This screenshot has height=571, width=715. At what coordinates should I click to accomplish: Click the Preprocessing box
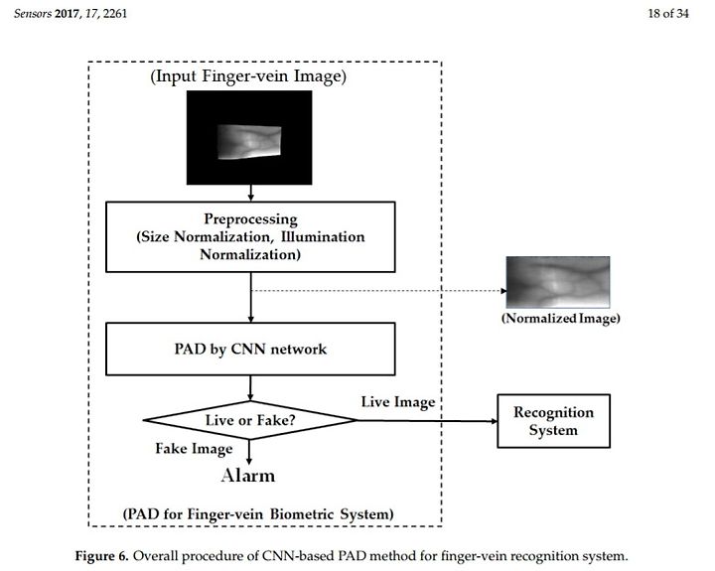pyautogui.click(x=250, y=236)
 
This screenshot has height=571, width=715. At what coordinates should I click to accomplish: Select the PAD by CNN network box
pyautogui.click(x=250, y=349)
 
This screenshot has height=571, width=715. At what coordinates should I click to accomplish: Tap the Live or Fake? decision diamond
pyautogui.click(x=250, y=420)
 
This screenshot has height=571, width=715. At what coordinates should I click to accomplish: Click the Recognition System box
pyautogui.click(x=553, y=421)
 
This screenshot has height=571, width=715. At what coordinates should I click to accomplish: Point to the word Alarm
pyautogui.click(x=248, y=476)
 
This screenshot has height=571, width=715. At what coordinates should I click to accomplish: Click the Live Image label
pyautogui.click(x=398, y=402)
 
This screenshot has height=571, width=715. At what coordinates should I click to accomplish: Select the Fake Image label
pyautogui.click(x=194, y=449)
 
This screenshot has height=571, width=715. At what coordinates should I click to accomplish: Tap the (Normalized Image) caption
pyautogui.click(x=560, y=318)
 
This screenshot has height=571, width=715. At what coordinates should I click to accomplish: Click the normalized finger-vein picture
pyautogui.click(x=558, y=282)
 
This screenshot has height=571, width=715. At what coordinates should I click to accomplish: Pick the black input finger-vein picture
pyautogui.click(x=249, y=137)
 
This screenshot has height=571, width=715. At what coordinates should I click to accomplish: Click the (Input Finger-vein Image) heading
pyautogui.click(x=248, y=76)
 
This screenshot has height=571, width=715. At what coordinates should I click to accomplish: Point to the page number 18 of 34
pyautogui.click(x=668, y=13)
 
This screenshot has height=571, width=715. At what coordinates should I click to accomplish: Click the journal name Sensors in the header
pyautogui.click(x=33, y=13)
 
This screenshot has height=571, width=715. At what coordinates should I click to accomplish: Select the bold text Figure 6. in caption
pyautogui.click(x=102, y=556)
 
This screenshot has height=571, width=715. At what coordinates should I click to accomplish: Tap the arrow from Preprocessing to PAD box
pyautogui.click(x=251, y=297)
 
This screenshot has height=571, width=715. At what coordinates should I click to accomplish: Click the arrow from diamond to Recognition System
pyautogui.click(x=428, y=420)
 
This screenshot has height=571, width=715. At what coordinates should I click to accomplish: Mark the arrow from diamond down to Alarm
pyautogui.click(x=249, y=453)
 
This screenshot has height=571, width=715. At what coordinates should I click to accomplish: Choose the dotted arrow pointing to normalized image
pyautogui.click(x=379, y=291)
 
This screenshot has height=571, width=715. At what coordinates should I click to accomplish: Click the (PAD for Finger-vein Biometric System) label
pyautogui.click(x=258, y=514)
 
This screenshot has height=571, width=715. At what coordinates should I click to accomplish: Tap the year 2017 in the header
pyautogui.click(x=68, y=13)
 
